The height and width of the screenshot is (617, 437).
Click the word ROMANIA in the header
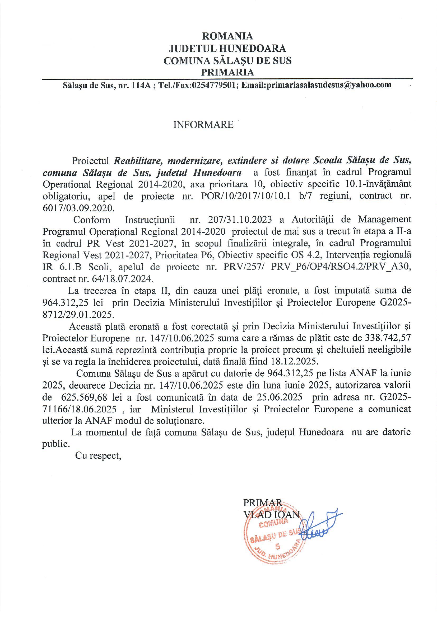[x=227, y=36]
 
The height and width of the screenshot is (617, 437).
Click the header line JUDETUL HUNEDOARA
[x=227, y=48]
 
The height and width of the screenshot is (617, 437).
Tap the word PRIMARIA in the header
[x=227, y=72]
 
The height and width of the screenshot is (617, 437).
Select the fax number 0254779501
[x=213, y=85]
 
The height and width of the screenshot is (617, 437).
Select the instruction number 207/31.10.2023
[x=240, y=220]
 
